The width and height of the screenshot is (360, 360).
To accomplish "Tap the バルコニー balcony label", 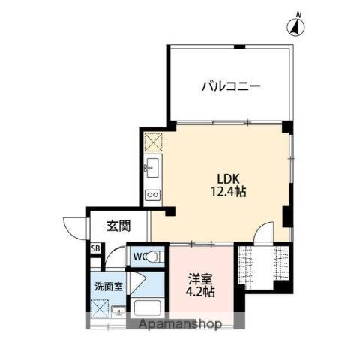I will tap(230, 86).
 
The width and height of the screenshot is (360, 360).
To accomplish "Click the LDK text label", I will tap(229, 178).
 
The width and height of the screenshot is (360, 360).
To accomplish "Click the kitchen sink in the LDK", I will tap(151, 166).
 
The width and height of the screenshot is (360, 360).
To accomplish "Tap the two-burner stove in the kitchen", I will tap(151, 196).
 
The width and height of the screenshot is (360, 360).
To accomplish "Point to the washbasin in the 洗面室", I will tap(118, 310).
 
